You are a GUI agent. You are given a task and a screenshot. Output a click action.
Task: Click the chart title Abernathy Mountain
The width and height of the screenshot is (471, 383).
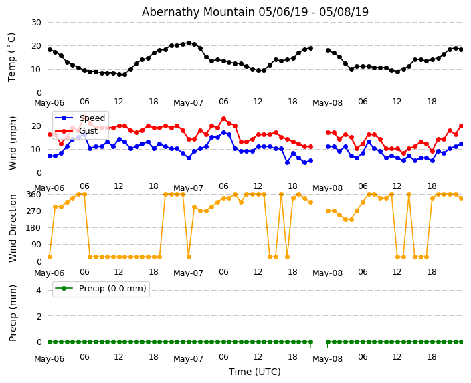click(x=255, y=12)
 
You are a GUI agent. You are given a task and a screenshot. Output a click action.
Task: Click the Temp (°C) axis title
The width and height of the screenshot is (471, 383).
click(x=12, y=57)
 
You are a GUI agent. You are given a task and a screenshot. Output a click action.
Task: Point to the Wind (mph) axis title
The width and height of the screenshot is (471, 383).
click(x=13, y=142)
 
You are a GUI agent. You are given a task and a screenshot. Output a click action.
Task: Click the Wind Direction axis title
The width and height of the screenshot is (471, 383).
click(x=13, y=227)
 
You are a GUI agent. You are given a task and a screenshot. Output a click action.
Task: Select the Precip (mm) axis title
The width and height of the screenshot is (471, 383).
click(x=13, y=312)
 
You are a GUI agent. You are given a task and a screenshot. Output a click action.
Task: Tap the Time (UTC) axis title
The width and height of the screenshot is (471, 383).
click(x=254, y=372)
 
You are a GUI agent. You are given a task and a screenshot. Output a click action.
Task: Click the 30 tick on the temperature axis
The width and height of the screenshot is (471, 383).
click(x=35, y=22)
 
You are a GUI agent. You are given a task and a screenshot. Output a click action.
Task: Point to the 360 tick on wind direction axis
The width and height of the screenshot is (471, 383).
click(x=33, y=195)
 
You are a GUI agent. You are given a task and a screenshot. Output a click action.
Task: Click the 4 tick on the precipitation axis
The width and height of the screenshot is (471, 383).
click(x=38, y=290)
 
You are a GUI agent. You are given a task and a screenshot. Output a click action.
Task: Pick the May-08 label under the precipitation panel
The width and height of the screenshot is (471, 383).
click(x=327, y=359)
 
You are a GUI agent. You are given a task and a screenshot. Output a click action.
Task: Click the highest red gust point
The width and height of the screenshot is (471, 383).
click(x=223, y=119)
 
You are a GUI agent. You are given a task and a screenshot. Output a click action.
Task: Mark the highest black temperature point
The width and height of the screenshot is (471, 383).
click(x=189, y=43)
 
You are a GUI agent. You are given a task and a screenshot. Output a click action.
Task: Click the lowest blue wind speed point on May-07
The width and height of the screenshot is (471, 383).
click(x=287, y=162)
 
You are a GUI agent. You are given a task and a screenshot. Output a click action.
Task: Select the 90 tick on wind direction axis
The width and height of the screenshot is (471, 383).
click(x=36, y=244)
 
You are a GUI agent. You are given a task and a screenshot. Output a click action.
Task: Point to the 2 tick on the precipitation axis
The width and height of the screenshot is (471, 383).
click(x=38, y=316)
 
